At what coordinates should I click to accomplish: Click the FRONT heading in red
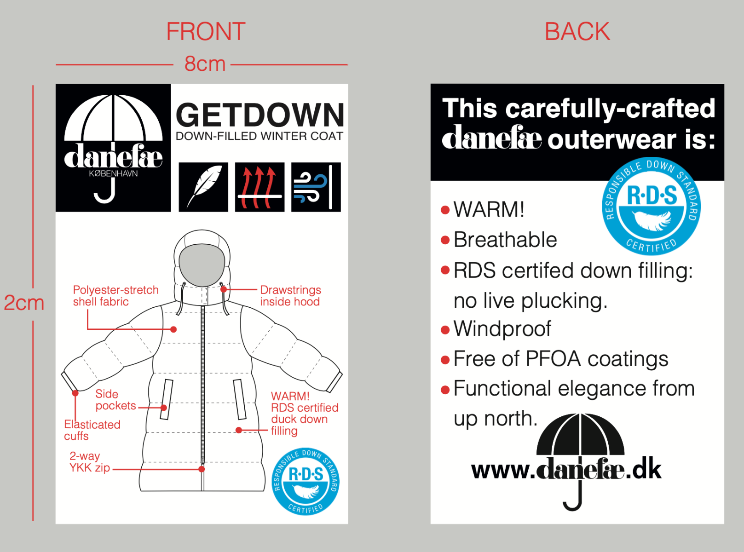pos(206,32)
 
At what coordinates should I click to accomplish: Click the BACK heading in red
pos(577,32)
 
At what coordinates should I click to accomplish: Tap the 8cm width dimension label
pos(205,64)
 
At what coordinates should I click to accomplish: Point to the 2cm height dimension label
pos(24,303)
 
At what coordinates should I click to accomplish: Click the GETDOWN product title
pos(260,115)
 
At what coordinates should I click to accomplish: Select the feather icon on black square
pos(203,187)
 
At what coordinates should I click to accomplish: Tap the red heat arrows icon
pos(260,187)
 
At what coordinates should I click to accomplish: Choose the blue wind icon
pos(316,187)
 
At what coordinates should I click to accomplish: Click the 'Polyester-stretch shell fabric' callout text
pos(115,296)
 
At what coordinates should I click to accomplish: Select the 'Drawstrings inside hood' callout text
pos(290,296)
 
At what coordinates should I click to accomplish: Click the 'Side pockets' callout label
pos(115,400)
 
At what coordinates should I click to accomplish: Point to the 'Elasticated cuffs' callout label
pos(92,430)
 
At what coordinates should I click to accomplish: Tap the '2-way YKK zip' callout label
pos(89,462)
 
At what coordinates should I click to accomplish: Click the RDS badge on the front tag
pos(306,481)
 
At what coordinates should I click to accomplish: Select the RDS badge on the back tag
pos(651,206)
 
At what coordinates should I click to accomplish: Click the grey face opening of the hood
pos(202,265)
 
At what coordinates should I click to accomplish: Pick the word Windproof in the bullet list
pos(502,329)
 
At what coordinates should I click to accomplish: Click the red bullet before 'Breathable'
pos(445,240)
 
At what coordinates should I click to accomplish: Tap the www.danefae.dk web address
pos(566,470)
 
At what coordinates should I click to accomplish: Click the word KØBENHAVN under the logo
pos(113,174)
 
